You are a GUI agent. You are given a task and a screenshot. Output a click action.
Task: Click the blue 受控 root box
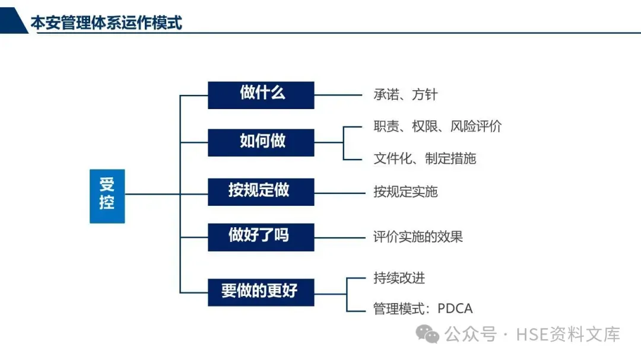point(107,196)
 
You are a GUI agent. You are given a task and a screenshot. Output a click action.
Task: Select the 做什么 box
point(261,95)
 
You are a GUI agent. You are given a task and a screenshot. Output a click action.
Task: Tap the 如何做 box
point(261,142)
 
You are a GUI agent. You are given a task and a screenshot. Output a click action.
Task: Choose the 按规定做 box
point(261,191)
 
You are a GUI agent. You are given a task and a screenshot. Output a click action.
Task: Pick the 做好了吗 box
point(261,236)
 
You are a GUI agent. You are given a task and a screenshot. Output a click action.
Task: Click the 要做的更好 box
point(261,292)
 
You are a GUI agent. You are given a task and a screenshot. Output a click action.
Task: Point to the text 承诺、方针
point(405,95)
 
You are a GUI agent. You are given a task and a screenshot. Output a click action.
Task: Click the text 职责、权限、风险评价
point(437,126)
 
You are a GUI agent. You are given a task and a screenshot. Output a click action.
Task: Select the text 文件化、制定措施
point(424,158)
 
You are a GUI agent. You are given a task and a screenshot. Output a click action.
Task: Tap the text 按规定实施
point(405,192)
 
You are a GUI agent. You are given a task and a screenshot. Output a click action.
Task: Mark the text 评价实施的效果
point(418,237)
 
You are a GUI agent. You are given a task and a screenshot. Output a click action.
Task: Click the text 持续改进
point(399,278)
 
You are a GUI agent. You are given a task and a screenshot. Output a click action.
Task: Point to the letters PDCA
point(455,309)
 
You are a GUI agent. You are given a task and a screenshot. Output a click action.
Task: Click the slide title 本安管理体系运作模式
point(106,23)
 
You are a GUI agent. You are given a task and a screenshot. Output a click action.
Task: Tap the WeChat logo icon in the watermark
point(428,334)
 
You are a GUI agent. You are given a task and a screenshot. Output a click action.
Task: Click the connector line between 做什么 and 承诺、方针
point(338,95)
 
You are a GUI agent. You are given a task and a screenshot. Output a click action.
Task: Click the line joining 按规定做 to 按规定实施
point(338,192)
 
